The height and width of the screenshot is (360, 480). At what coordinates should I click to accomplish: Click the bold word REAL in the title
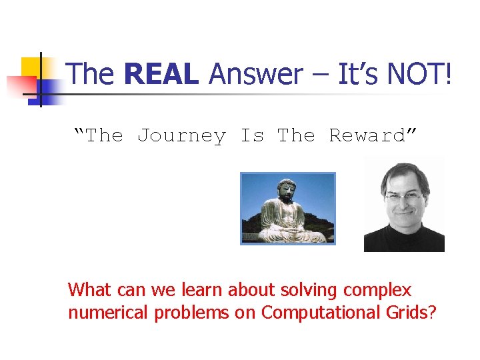click(161, 74)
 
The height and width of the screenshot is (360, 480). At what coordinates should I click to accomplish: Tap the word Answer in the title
click(255, 74)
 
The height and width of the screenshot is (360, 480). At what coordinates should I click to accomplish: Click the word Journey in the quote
click(181, 136)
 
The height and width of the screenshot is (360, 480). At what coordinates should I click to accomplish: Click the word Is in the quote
click(252, 136)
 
